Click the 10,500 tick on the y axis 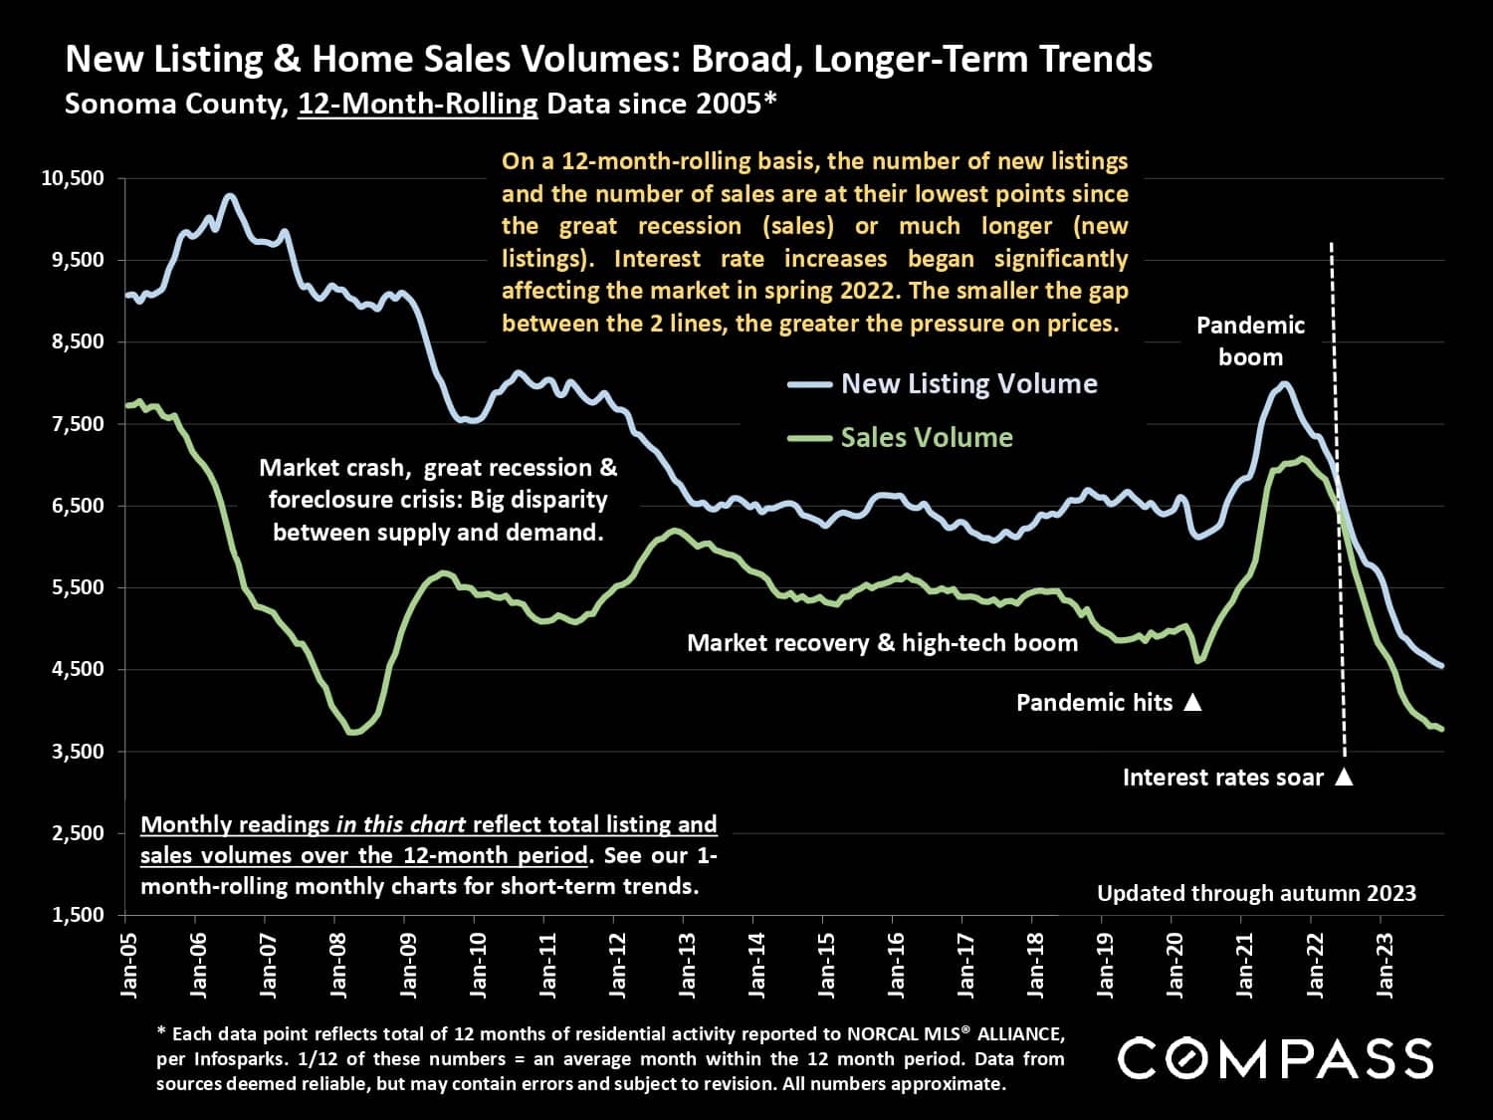click(x=74, y=179)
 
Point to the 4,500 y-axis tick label click(x=78, y=669)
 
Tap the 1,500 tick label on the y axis click(x=78, y=915)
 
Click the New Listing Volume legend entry click(x=968, y=384)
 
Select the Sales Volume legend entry click(x=926, y=438)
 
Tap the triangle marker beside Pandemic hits click(x=1192, y=703)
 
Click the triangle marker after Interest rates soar click(x=1344, y=778)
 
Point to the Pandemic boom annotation click(x=1250, y=340)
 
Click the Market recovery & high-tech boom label click(x=882, y=643)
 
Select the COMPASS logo click(x=1276, y=1057)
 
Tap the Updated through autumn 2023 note click(x=1256, y=893)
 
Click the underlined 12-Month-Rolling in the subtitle click(x=417, y=104)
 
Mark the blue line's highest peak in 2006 click(x=229, y=196)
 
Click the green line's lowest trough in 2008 click(x=352, y=733)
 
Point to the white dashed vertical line click(x=1338, y=498)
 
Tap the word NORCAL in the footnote click(x=883, y=1032)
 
